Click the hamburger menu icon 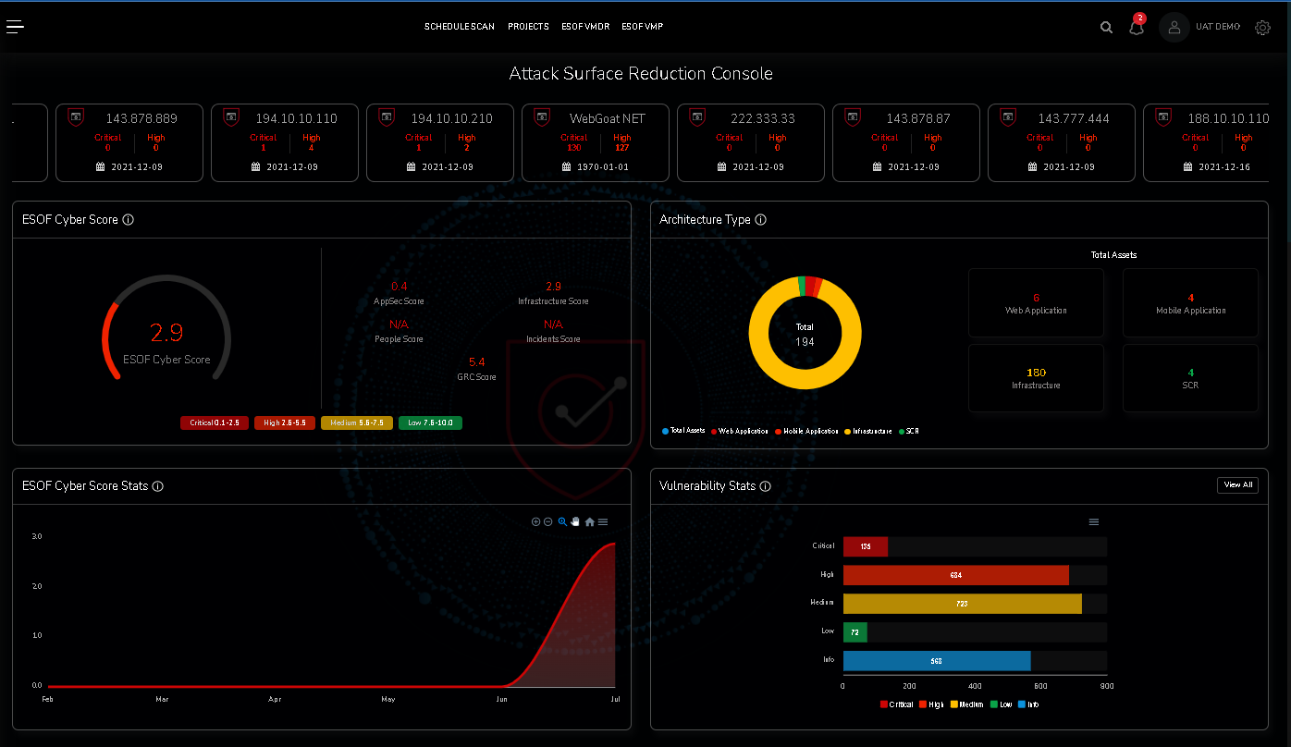(x=15, y=26)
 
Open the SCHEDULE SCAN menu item (x=460, y=27)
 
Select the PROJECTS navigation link (x=528, y=27)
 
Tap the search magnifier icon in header (x=1106, y=28)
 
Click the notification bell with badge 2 (x=1137, y=27)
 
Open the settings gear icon (x=1262, y=28)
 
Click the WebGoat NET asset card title (x=607, y=118)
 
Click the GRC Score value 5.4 (x=477, y=362)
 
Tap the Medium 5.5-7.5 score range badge (x=357, y=423)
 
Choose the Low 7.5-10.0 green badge (x=430, y=423)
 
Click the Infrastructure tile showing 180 (x=1036, y=377)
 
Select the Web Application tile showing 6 (x=1036, y=302)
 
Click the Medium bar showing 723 (x=962, y=604)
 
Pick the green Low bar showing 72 (x=855, y=632)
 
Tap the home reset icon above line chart (x=590, y=522)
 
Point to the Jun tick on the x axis (x=501, y=700)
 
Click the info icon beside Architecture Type (x=760, y=220)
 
